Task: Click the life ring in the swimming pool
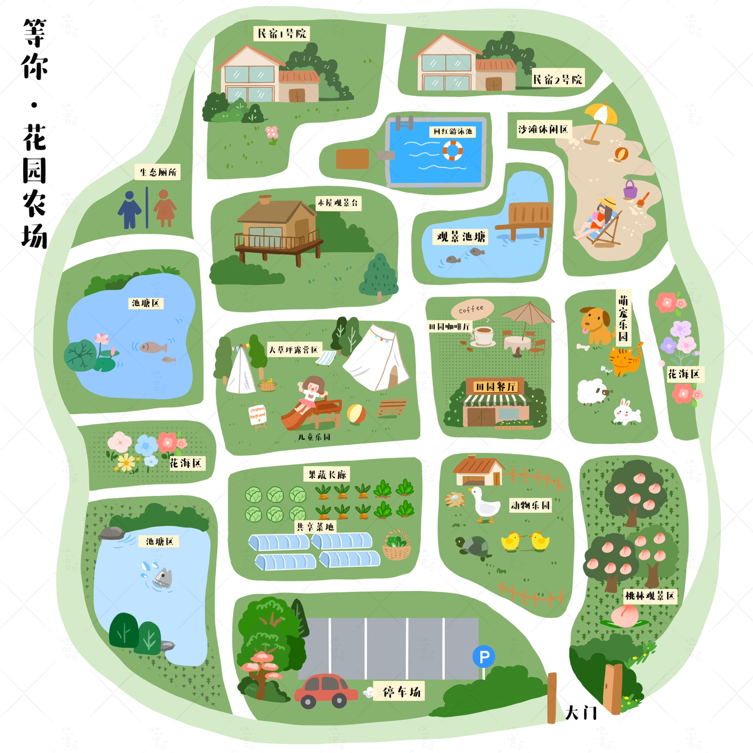point(453,150)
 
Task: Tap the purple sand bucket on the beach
point(630,190)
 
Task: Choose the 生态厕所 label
point(158,172)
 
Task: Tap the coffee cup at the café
point(483,335)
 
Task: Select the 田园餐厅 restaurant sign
point(495,387)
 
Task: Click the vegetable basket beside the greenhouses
point(397,545)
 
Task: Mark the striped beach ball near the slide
point(356,414)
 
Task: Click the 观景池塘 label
point(461,237)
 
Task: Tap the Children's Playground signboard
point(258,414)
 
